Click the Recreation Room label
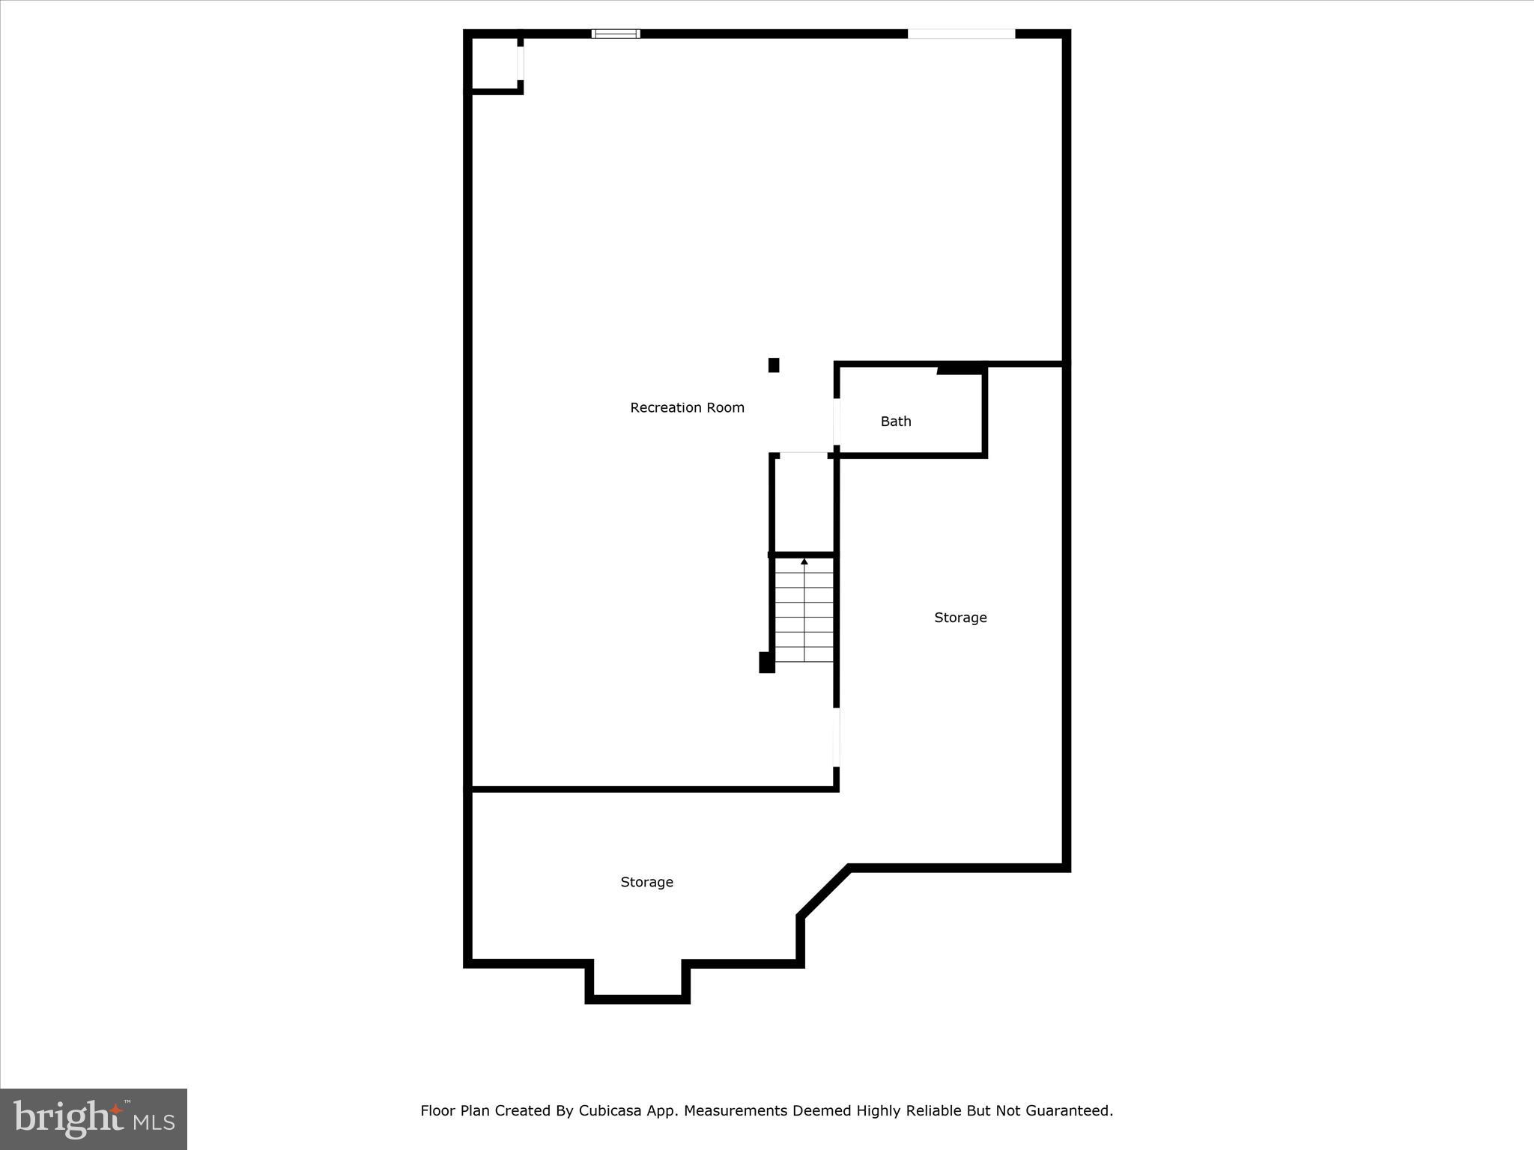pyautogui.click(x=687, y=408)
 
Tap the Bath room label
pyautogui.click(x=896, y=422)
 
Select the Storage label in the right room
pyautogui.click(x=960, y=618)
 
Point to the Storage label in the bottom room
pyautogui.click(x=646, y=882)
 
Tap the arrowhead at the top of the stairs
pyautogui.click(x=804, y=562)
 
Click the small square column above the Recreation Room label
pyautogui.click(x=774, y=365)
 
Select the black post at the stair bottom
pyautogui.click(x=766, y=663)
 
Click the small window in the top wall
pyautogui.click(x=616, y=34)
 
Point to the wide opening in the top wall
pyautogui.click(x=961, y=34)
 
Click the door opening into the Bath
pyautogui.click(x=837, y=422)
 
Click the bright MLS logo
pyautogui.click(x=94, y=1119)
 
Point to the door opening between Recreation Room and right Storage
pyautogui.click(x=837, y=737)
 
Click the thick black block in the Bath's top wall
pyautogui.click(x=960, y=368)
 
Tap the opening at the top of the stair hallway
pyautogui.click(x=804, y=454)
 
